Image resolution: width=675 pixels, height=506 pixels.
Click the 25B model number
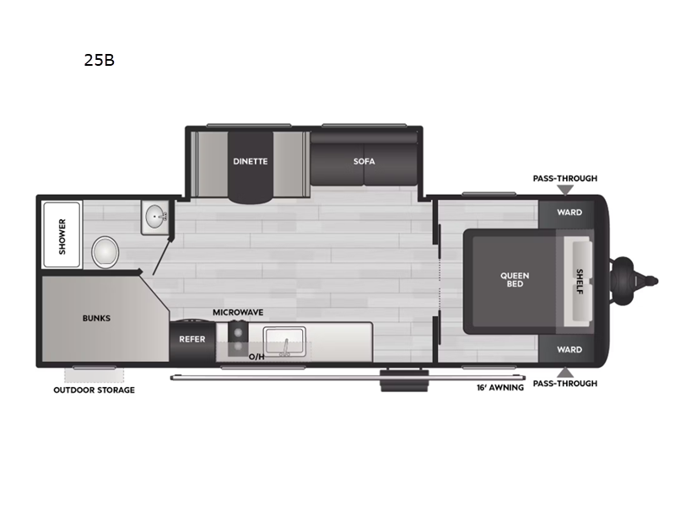(x=99, y=60)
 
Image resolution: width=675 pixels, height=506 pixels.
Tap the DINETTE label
(x=250, y=161)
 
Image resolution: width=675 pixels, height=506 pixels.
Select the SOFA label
(x=364, y=161)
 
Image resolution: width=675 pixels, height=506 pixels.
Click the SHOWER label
(x=62, y=236)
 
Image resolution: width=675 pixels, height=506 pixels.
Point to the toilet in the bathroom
(x=105, y=252)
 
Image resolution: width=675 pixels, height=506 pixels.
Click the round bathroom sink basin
(x=154, y=217)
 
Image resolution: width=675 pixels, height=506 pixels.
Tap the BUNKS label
(x=96, y=319)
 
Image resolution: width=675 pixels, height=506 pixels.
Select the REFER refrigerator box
(x=192, y=341)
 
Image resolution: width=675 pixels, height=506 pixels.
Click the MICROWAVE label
(x=238, y=312)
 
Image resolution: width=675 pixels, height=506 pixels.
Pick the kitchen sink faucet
(x=284, y=347)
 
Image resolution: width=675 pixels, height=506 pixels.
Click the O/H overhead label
(x=256, y=357)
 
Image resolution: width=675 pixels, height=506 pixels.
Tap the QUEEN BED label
(x=515, y=280)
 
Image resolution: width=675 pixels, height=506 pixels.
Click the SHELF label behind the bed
(x=580, y=282)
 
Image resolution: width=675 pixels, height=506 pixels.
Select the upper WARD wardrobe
(x=569, y=213)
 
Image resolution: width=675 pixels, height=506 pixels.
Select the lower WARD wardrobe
(x=569, y=349)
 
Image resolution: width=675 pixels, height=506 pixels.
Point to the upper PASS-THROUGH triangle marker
(x=565, y=190)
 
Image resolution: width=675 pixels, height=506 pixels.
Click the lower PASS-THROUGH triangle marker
(x=565, y=373)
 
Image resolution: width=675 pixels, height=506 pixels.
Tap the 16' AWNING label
(x=500, y=388)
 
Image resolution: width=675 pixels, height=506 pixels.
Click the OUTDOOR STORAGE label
(x=94, y=390)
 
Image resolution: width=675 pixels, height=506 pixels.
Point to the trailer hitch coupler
(x=633, y=281)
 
